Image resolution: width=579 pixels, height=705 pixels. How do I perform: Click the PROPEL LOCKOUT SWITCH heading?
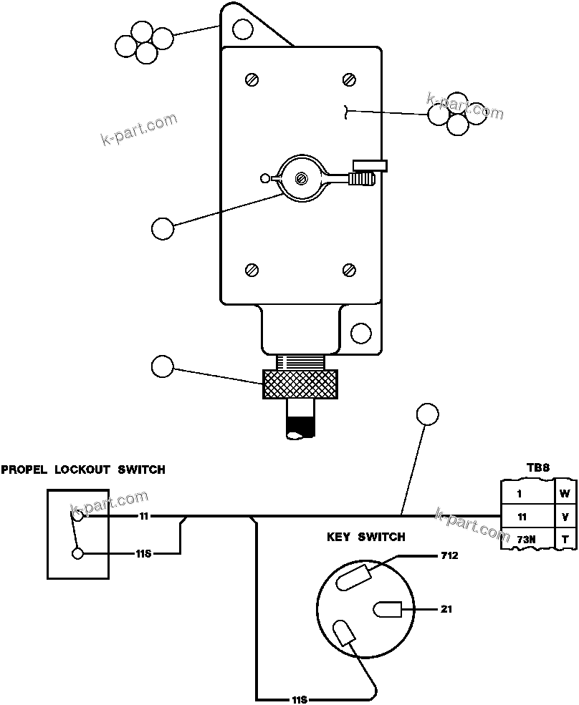pos(83,470)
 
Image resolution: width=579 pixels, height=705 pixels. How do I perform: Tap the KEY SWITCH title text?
pos(365,537)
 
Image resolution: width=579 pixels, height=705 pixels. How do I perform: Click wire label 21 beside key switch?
pos(446,609)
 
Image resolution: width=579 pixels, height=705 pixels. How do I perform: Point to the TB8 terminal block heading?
pos(538,467)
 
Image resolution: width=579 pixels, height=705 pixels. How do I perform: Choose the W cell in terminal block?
pos(565,492)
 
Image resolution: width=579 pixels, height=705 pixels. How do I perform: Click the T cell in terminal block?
pos(565,538)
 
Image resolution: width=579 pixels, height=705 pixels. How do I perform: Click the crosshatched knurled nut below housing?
pos(300,384)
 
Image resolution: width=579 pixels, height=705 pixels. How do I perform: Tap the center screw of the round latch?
pos(302,177)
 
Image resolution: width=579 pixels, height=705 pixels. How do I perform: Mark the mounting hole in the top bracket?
pos(244,29)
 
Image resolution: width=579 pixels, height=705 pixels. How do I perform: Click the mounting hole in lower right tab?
pos(361,332)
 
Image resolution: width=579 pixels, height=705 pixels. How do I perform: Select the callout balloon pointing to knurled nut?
pos(163,366)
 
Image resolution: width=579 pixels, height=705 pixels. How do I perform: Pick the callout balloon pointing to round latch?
pos(163,228)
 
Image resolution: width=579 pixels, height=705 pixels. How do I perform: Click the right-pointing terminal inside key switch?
pos(388,610)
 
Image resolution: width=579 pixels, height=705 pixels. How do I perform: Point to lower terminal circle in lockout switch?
pos(77,553)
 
